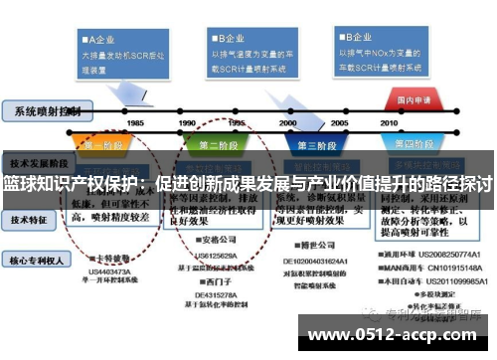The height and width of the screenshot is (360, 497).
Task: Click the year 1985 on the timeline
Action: click(135, 122)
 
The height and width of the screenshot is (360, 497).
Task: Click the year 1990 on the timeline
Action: click(187, 122)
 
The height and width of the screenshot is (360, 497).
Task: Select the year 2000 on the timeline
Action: click(288, 122)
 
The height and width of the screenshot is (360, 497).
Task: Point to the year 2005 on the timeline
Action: click(340, 122)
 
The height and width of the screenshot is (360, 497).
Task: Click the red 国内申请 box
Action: click(413, 100)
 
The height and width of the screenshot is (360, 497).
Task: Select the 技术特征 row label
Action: click(33, 213)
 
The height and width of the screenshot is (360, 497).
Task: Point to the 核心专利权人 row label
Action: click(38, 260)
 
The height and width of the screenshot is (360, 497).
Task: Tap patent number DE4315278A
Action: click(218, 293)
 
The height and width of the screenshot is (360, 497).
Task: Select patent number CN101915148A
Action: click(452, 267)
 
